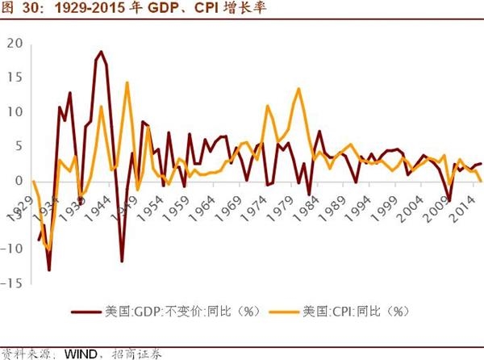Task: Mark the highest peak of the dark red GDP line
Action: pos(101,52)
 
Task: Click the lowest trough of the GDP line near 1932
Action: pos(49,270)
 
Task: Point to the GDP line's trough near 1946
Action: pos(122,261)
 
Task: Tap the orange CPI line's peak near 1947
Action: pos(127,82)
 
